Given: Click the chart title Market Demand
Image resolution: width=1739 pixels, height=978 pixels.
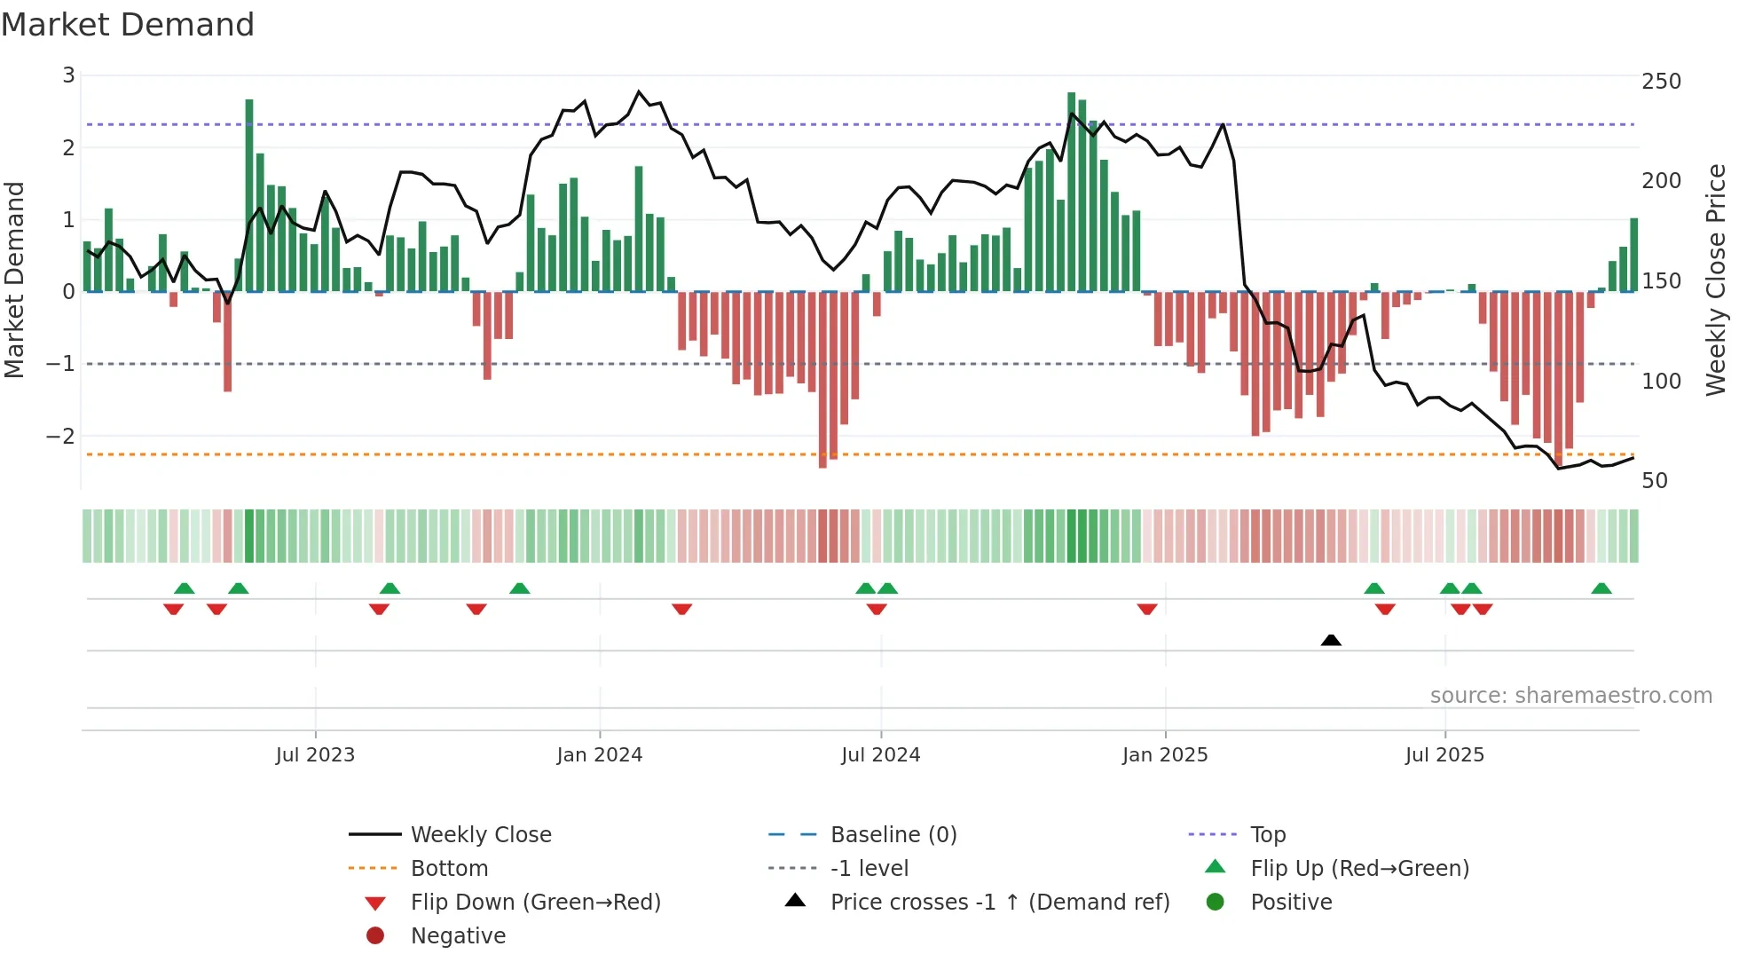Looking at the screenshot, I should pos(128,25).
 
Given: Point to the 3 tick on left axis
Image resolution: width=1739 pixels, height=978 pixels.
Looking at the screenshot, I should pos(68,75).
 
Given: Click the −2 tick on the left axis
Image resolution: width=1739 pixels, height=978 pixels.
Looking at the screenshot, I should pos(61,436).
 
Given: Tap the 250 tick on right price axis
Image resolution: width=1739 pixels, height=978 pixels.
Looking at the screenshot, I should pos(1661,82).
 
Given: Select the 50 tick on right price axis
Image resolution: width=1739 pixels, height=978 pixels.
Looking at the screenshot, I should pos(1655,481).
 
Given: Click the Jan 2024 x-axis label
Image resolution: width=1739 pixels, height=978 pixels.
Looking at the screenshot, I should pos(599,755).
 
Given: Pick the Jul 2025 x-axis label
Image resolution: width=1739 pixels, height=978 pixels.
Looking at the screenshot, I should pos(1444,755).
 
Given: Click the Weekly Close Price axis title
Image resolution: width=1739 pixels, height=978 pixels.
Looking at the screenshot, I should pos(1716,280).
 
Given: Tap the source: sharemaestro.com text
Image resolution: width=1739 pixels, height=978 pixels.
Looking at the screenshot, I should pos(1570,696).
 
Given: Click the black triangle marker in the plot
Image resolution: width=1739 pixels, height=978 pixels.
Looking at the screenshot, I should pos(1331,640).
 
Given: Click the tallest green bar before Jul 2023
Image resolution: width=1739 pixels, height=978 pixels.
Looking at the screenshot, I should pos(249,195).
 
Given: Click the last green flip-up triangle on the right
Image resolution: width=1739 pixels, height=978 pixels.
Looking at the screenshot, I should pos(1601,588).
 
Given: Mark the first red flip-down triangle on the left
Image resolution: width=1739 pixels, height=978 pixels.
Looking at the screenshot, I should pos(174,609).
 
